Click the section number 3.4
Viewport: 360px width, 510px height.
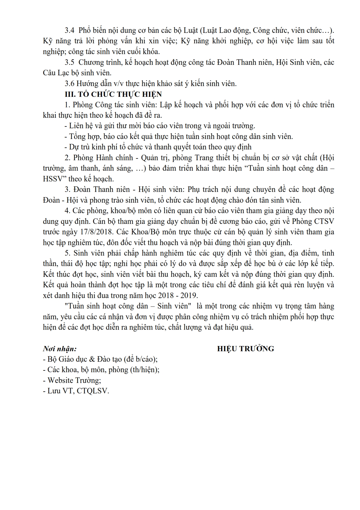click(x=70, y=31)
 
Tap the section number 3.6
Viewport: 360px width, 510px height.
click(x=70, y=84)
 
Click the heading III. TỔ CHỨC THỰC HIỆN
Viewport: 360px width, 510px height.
click(x=113, y=94)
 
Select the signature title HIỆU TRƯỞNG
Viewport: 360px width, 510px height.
click(x=246, y=349)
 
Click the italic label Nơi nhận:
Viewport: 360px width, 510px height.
click(x=60, y=349)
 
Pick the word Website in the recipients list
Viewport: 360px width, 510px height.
click(x=60, y=380)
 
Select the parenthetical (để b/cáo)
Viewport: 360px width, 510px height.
click(x=140, y=359)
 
